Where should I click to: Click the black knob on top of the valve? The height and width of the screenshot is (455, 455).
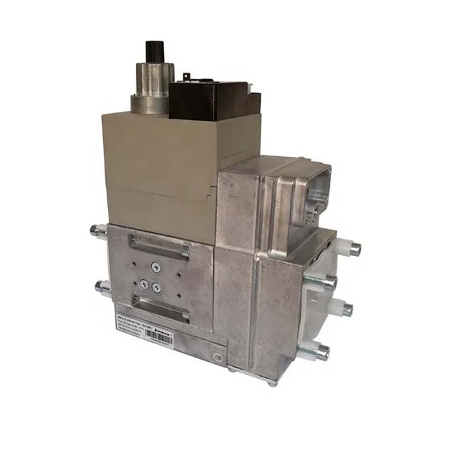click(x=155, y=51)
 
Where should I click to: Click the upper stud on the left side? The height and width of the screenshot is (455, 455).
click(x=99, y=230)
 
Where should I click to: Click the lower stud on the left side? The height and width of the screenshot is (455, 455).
click(x=101, y=287)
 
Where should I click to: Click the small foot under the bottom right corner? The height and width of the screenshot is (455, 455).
click(x=272, y=382)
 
